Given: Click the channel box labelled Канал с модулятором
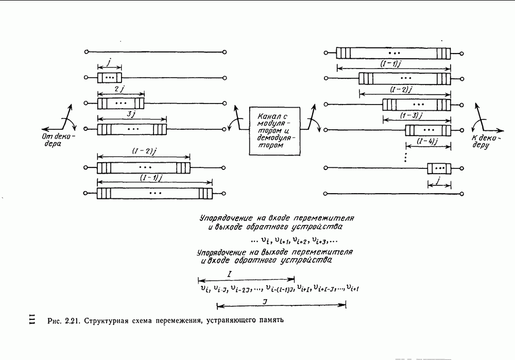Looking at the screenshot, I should (x=276, y=131).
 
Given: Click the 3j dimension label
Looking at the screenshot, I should (x=130, y=115).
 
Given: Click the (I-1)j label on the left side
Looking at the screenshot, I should (x=153, y=178).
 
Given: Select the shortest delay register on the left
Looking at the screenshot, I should (x=110, y=77).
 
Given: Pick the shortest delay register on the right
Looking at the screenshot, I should (x=439, y=167).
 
